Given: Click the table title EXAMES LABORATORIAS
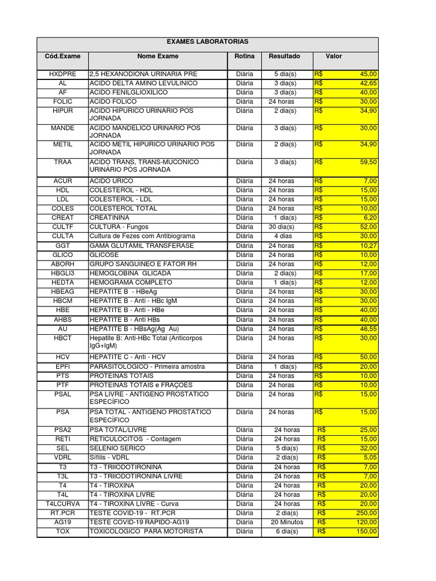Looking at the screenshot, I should (207, 42).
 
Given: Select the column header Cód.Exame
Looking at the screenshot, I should (62, 57).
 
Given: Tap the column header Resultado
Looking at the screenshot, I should (284, 57).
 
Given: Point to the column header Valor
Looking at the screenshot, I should (334, 57).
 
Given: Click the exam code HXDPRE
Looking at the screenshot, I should (62, 74).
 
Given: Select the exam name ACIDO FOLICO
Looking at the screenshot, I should (113, 102).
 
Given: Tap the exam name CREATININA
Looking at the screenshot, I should (110, 218).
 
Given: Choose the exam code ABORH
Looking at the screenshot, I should (62, 264).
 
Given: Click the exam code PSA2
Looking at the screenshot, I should (62, 430).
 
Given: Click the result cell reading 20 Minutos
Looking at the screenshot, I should (287, 522).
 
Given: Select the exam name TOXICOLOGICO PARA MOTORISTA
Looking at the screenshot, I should (146, 532).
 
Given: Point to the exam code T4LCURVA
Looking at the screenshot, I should (62, 504).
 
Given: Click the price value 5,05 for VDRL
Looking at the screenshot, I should (369, 457).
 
